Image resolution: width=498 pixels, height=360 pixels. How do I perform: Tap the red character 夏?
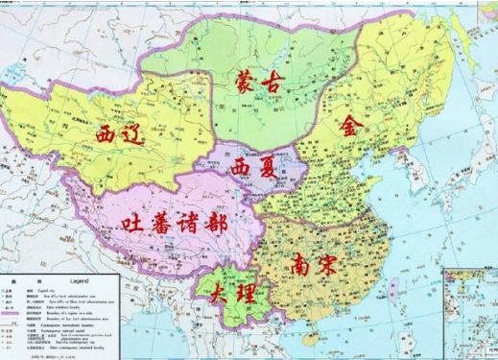272,170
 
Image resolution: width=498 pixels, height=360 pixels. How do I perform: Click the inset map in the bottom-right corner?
470,312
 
